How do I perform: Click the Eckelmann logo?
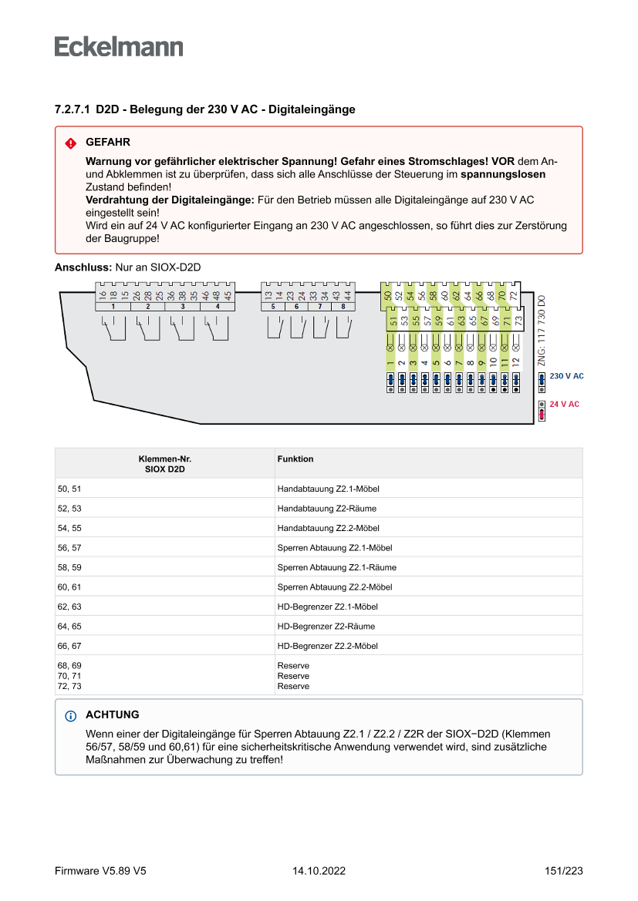click(x=119, y=46)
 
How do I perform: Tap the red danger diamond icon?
click(x=71, y=143)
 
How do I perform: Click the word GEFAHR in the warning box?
click(x=108, y=143)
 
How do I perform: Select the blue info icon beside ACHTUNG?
click(x=71, y=715)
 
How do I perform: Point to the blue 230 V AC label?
click(x=566, y=376)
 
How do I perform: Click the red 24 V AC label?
click(x=564, y=404)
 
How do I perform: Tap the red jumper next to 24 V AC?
click(x=542, y=414)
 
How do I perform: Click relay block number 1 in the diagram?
click(x=113, y=307)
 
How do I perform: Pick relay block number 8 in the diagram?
click(x=343, y=307)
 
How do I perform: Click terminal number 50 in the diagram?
click(x=387, y=294)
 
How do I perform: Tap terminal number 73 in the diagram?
click(x=518, y=319)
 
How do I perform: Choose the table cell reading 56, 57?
click(x=69, y=548)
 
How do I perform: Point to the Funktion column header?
click(x=295, y=459)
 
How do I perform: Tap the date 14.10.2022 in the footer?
click(x=319, y=871)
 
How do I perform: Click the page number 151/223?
click(x=563, y=871)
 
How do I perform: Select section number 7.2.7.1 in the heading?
click(x=73, y=110)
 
